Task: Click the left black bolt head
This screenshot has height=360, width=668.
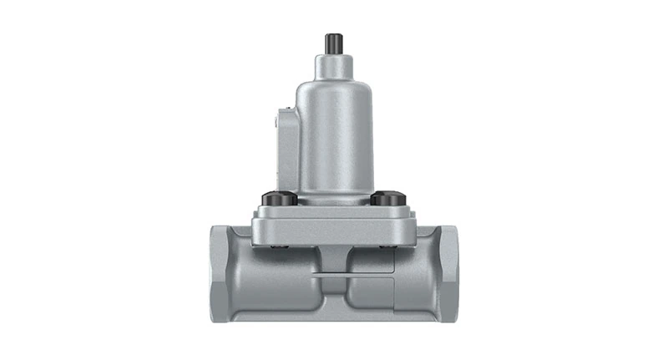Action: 279,199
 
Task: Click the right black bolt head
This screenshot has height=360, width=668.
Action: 388,199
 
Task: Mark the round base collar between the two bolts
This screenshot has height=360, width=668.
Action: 333,199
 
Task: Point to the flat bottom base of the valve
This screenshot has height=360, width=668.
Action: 333,318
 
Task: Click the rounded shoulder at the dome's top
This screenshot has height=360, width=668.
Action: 333,84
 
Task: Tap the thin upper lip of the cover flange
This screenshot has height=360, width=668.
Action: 333,210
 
